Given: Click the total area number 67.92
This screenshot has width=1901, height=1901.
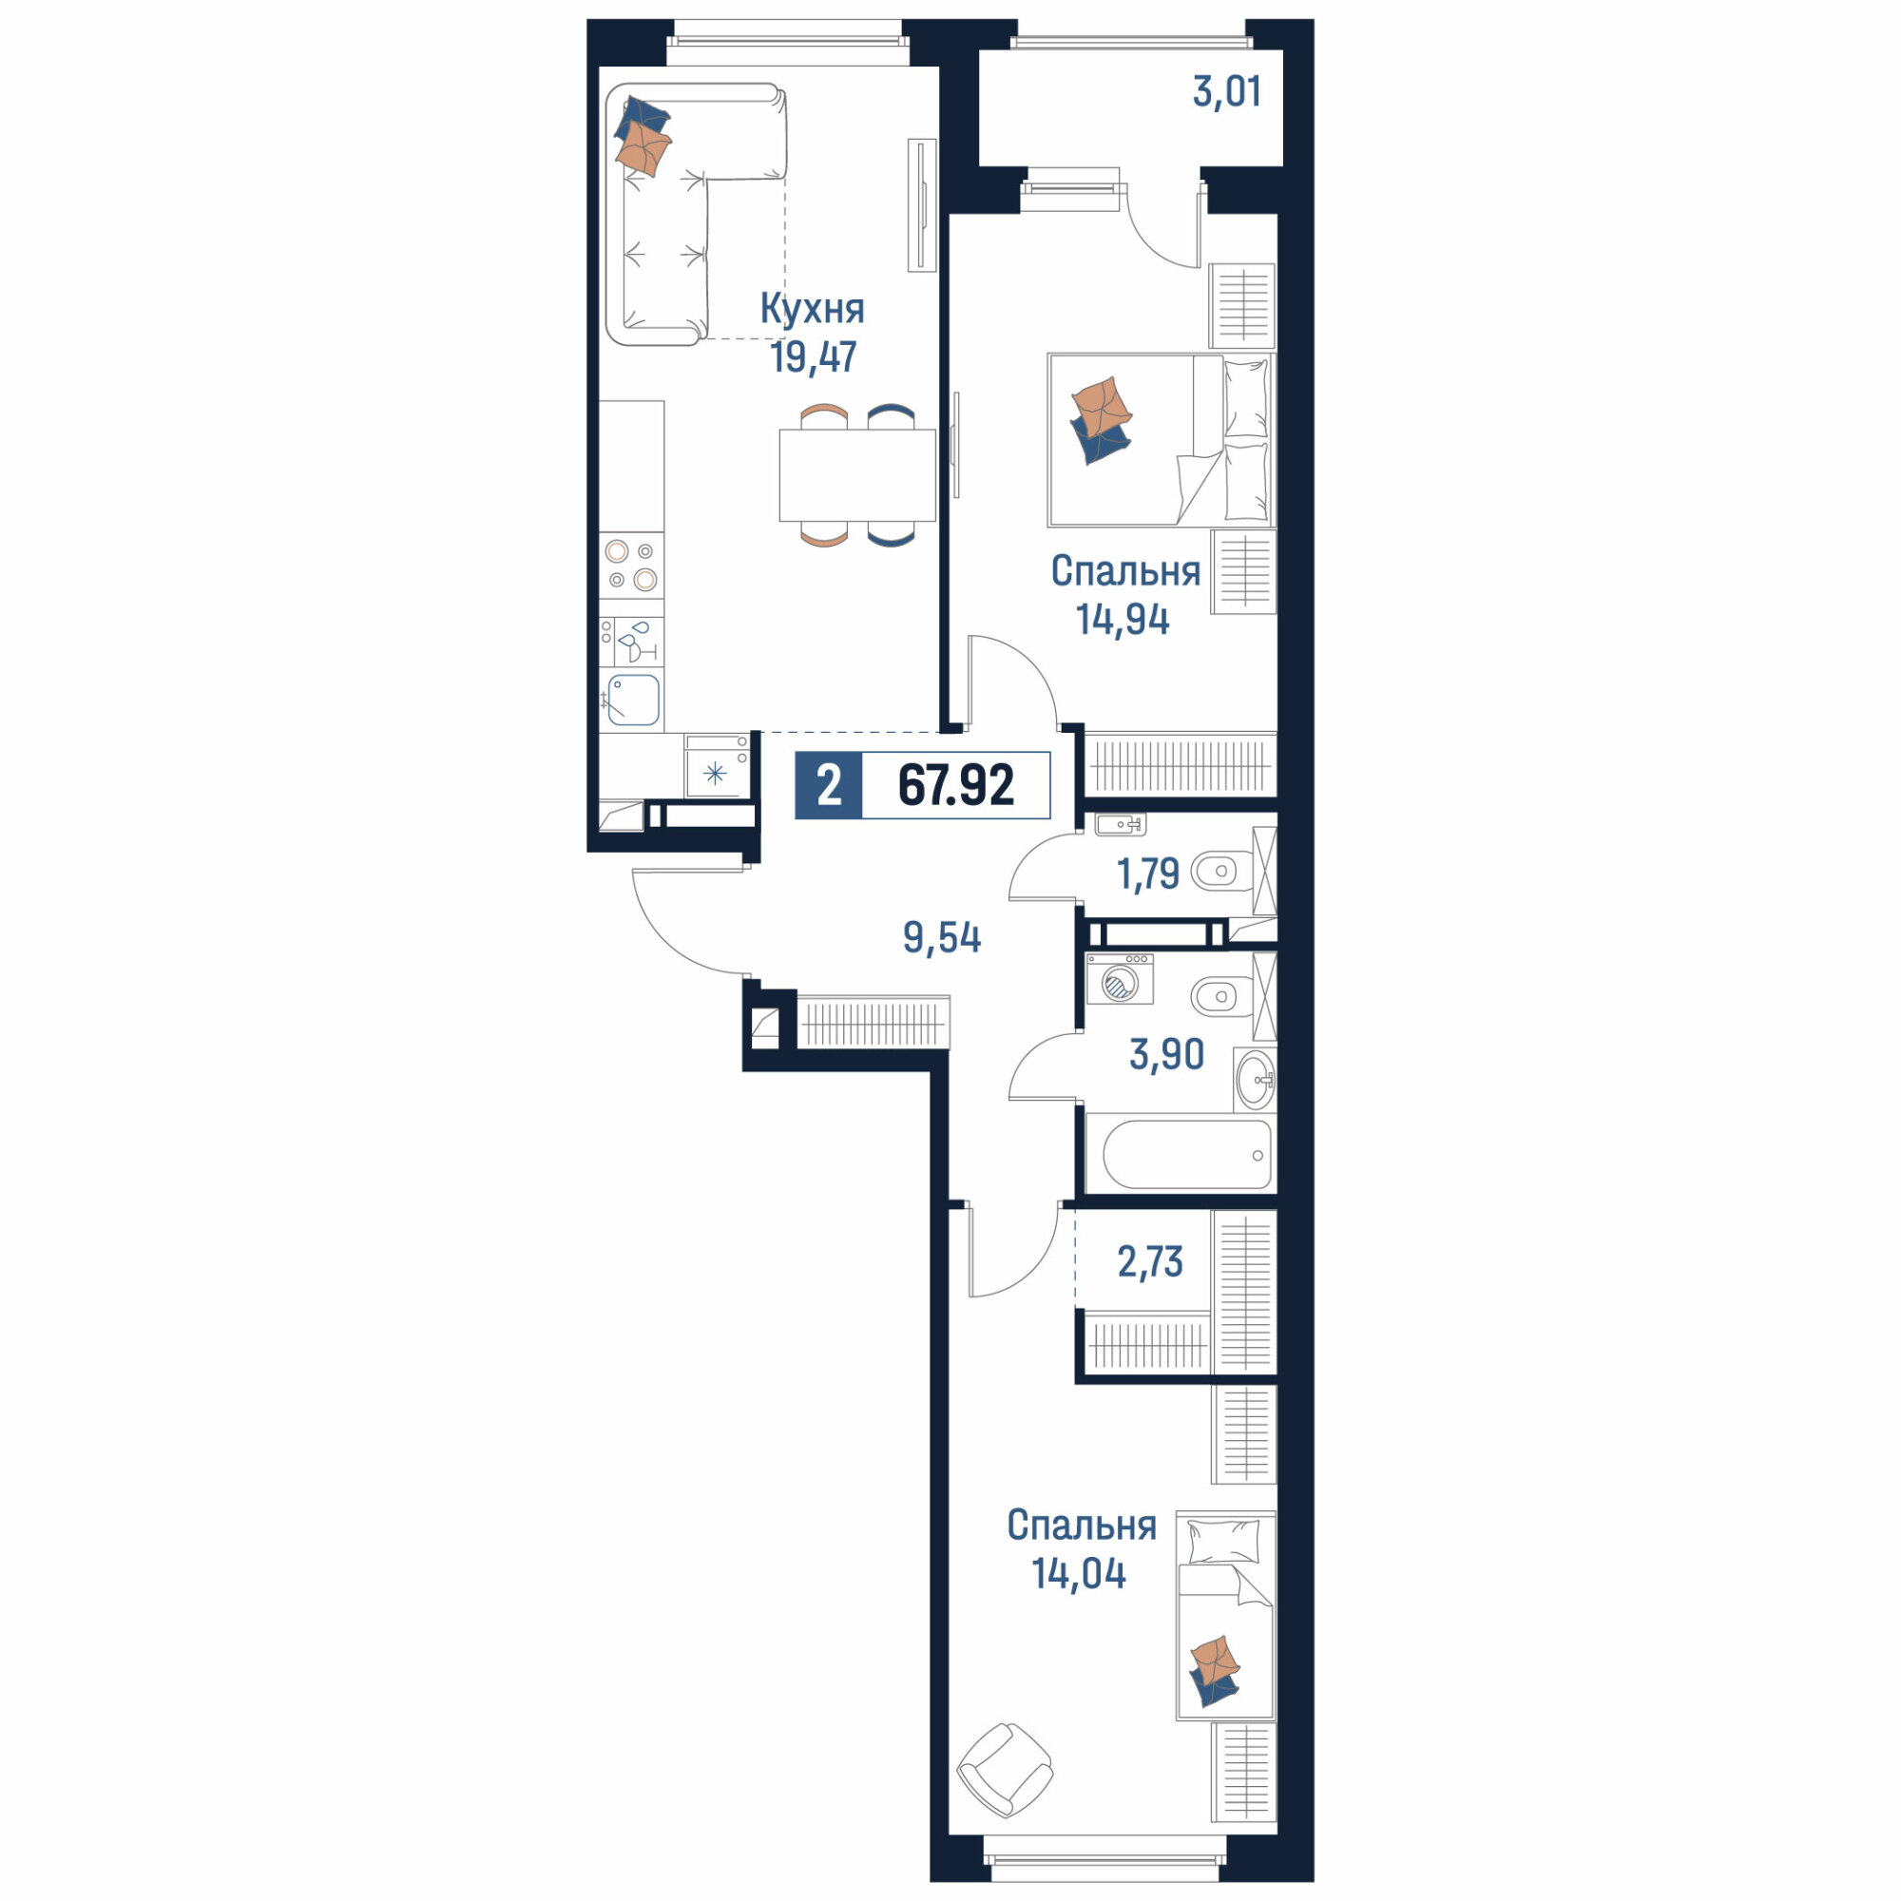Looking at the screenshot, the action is (955, 786).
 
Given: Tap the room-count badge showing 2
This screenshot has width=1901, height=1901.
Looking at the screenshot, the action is (829, 786).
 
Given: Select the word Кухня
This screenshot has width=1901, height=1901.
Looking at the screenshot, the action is (813, 310).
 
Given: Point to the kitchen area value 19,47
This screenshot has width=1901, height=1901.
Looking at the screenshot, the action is (814, 356).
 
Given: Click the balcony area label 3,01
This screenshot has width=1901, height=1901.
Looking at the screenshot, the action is (1226, 91).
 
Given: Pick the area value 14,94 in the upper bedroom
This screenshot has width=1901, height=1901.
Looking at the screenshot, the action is (1123, 619).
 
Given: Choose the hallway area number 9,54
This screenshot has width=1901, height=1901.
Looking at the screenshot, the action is (942, 938).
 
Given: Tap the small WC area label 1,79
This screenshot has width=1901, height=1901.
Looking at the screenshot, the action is (1148, 874).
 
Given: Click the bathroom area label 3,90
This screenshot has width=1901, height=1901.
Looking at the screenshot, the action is (1167, 1054).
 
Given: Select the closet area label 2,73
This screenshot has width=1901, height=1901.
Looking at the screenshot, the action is (1150, 1260).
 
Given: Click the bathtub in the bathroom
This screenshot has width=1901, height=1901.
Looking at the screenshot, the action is (1187, 1155).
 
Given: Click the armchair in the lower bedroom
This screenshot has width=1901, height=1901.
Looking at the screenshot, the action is (1005, 1770).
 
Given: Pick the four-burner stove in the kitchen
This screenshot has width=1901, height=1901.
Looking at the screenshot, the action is (632, 566).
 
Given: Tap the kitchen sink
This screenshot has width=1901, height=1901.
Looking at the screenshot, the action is (633, 700).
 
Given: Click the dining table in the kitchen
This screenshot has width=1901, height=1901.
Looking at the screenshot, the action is (857, 475).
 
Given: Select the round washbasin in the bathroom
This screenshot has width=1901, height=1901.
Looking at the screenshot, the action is (1255, 1080).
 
